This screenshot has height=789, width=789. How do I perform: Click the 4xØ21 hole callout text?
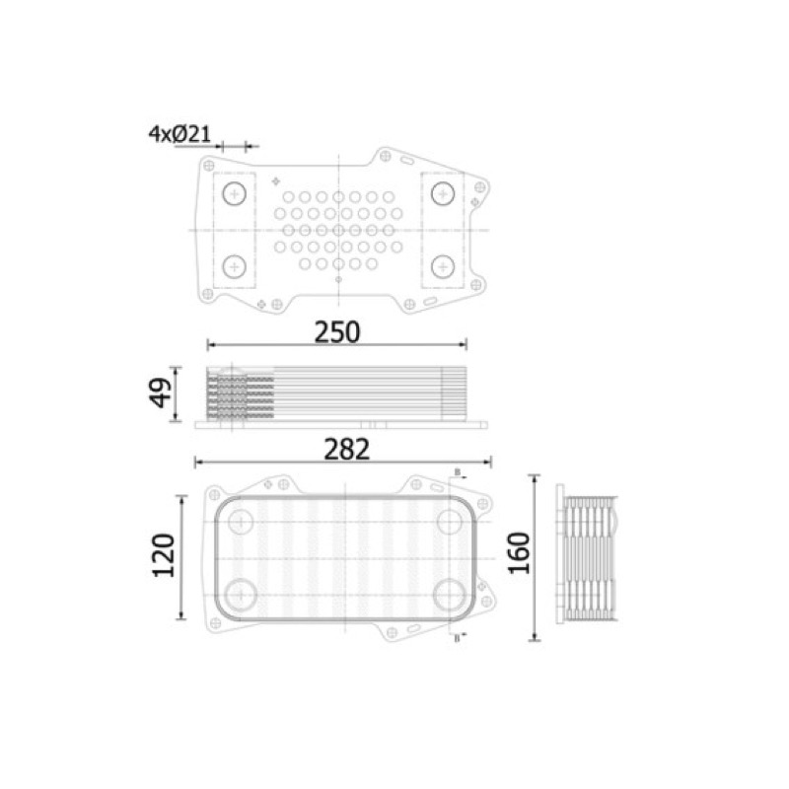pos(179,134)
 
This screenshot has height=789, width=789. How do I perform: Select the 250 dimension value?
pos(337,332)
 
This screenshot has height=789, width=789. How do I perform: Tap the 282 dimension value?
pos(347,450)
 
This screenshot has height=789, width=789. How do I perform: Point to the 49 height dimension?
pos(160,393)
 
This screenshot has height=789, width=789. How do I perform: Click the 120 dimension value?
pos(164,555)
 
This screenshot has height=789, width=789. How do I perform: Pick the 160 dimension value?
pos(519,553)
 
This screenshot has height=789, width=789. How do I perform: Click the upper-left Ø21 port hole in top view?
pos(235,193)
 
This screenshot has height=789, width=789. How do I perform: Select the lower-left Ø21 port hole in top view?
pos(235,266)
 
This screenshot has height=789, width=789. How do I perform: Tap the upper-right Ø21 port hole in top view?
pos(443,193)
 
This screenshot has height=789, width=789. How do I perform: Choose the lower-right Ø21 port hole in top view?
pos(443,266)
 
